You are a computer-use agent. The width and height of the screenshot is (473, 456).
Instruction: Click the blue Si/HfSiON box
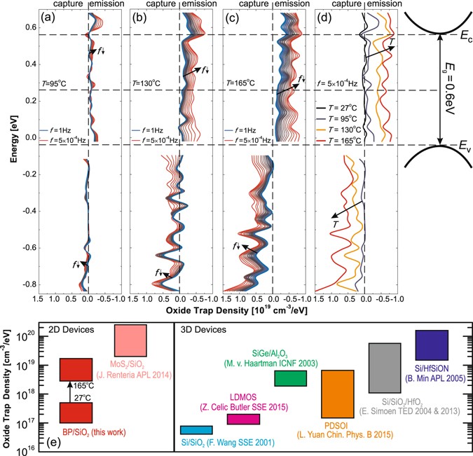432,345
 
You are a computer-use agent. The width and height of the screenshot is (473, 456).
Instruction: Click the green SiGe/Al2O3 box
290,378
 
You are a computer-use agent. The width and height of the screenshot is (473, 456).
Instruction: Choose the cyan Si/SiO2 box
196,430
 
